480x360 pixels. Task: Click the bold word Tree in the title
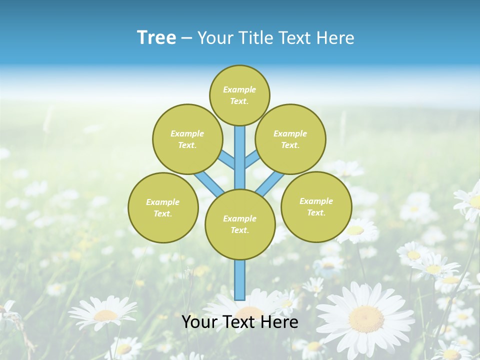(x=156, y=37)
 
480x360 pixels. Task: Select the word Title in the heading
(x=254, y=38)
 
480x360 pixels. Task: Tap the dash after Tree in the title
(x=186, y=38)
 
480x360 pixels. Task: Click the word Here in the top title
(x=335, y=38)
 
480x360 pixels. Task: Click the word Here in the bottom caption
(x=279, y=322)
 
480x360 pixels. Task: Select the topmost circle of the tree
(x=239, y=95)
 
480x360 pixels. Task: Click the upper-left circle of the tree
(x=187, y=139)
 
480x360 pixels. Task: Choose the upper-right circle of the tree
(x=290, y=139)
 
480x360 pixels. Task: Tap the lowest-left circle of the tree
(x=163, y=207)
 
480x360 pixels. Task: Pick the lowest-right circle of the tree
(x=316, y=206)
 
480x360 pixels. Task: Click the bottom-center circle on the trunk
(x=240, y=224)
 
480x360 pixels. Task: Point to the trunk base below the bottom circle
(x=240, y=280)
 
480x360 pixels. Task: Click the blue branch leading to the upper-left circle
(x=227, y=159)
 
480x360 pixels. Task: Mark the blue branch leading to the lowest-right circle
(x=270, y=183)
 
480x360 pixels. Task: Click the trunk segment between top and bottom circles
(x=240, y=157)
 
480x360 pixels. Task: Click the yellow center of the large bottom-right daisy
(x=366, y=318)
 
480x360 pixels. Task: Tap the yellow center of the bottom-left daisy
(x=105, y=315)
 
